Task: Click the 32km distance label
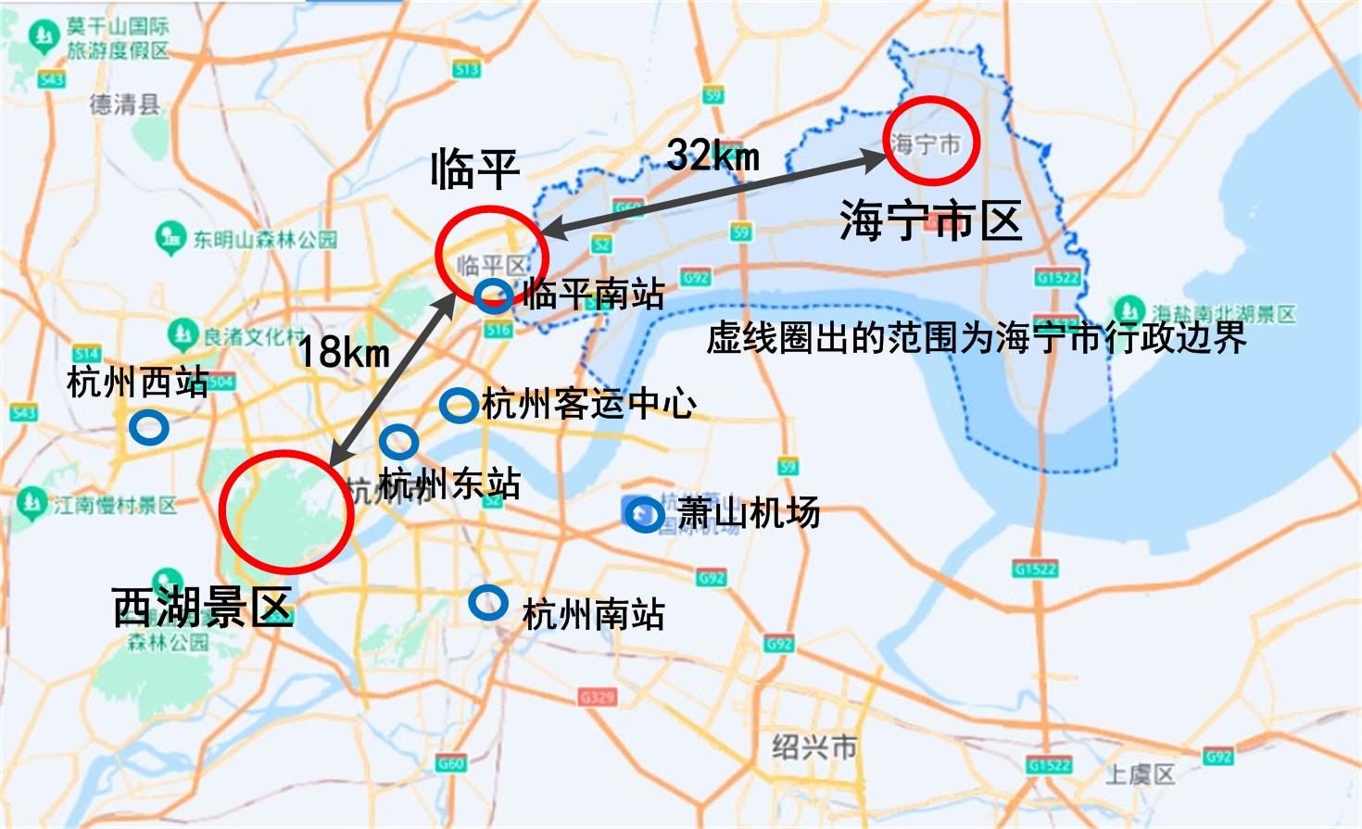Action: [x=713, y=154]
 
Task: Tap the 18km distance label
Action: [x=343, y=352]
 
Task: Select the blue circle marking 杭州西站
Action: [x=148, y=428]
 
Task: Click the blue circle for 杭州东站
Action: [x=398, y=442]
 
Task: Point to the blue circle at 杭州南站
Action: [x=488, y=603]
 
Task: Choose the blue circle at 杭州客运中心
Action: [x=458, y=404]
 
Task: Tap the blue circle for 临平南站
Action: [x=493, y=295]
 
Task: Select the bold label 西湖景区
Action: [x=202, y=608]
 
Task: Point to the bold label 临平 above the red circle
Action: [x=474, y=170]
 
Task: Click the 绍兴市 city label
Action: [x=815, y=747]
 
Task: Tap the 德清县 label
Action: [x=124, y=104]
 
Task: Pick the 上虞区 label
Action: [x=1140, y=773]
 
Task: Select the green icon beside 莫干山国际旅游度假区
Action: [x=44, y=38]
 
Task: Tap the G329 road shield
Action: [x=598, y=697]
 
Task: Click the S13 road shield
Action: [x=466, y=69]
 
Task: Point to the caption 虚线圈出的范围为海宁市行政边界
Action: [x=976, y=338]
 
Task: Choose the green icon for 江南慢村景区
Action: [x=32, y=504]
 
